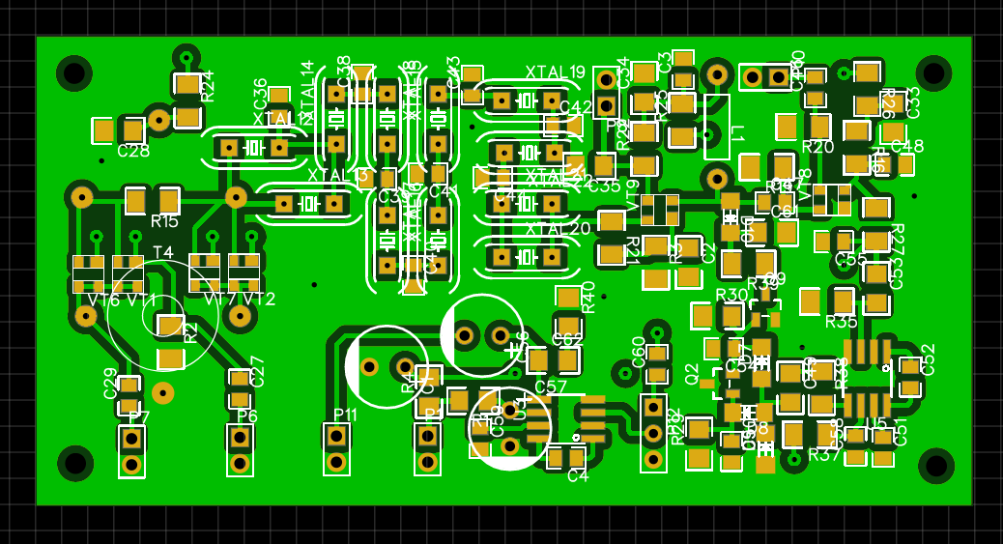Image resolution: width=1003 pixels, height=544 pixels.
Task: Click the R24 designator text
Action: click(208, 86)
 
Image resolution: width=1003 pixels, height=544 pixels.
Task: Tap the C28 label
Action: click(133, 151)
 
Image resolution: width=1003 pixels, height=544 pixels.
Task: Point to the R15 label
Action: click(164, 221)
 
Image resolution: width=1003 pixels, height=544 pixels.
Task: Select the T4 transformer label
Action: click(162, 253)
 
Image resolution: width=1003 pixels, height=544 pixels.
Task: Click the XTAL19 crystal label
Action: click(555, 72)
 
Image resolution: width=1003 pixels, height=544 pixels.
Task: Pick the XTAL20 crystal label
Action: click(557, 229)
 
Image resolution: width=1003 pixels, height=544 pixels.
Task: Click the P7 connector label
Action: click(139, 417)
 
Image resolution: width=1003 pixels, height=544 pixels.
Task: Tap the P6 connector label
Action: click(247, 416)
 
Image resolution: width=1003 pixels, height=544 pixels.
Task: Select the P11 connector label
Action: click(344, 415)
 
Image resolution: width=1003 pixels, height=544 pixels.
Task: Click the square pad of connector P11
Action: click(336, 436)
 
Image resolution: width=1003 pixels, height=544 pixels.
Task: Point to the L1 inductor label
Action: click(737, 132)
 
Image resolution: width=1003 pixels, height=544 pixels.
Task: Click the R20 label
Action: click(817, 147)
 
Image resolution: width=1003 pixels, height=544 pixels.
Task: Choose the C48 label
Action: click(906, 146)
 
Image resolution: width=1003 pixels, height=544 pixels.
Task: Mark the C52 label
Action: click(928, 359)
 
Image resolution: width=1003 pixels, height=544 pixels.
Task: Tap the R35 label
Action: click(841, 321)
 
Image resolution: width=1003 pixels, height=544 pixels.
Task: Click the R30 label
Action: click(731, 295)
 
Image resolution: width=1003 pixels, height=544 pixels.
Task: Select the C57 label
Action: click(551, 387)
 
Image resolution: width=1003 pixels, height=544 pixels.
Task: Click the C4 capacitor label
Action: click(577, 475)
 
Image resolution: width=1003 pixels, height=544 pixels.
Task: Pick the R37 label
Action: click(824, 454)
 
